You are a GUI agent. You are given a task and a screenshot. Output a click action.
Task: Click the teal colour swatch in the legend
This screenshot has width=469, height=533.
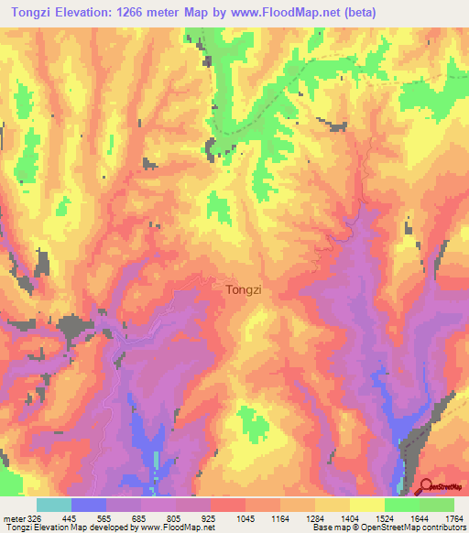click(54, 506)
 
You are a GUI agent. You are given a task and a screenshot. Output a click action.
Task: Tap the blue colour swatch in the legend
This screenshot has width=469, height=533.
click(89, 506)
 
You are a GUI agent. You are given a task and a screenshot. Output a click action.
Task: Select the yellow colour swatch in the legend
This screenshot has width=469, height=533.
click(367, 506)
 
